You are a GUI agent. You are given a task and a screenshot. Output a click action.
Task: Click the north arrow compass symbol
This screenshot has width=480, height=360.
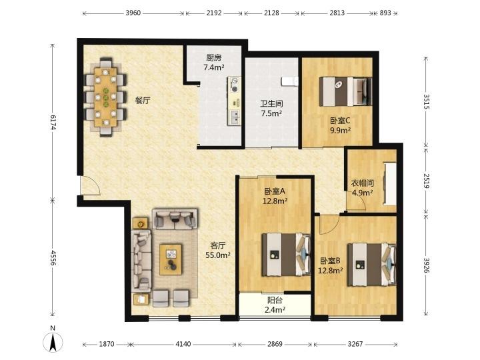53,341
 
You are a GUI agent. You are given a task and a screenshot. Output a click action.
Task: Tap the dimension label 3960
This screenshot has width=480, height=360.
133,13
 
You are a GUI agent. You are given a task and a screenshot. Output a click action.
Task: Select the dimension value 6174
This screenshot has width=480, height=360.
53,122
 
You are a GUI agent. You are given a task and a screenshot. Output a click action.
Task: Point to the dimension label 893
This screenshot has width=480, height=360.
385,13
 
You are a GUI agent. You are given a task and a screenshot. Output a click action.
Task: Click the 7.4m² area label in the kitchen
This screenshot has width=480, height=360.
214,67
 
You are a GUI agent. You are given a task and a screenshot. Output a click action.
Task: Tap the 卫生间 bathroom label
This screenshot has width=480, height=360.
271,103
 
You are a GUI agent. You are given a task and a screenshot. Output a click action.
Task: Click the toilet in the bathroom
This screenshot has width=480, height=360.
289,81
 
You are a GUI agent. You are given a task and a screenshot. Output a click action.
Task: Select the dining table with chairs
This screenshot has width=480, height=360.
105,97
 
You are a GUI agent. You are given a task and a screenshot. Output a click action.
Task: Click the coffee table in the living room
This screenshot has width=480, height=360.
171,259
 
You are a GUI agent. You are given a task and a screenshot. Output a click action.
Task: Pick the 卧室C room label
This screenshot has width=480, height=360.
340,121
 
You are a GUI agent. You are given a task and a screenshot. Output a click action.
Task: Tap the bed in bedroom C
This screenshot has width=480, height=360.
345,91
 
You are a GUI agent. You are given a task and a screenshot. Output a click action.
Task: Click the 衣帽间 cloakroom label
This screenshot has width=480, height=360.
363,183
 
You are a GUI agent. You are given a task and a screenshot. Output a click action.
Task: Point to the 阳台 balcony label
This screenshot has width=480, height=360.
275,300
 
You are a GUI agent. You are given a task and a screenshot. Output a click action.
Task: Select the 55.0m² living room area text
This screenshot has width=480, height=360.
218,255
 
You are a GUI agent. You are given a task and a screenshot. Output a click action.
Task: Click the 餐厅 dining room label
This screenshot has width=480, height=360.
143,100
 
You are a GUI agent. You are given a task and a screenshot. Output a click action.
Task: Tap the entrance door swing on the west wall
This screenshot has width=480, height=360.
91,185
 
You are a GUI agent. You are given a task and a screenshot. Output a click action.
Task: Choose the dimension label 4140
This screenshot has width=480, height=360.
183,344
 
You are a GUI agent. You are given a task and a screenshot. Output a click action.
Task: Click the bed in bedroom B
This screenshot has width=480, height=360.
371,265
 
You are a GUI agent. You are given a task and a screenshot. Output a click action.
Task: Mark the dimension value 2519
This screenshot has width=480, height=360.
427,181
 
